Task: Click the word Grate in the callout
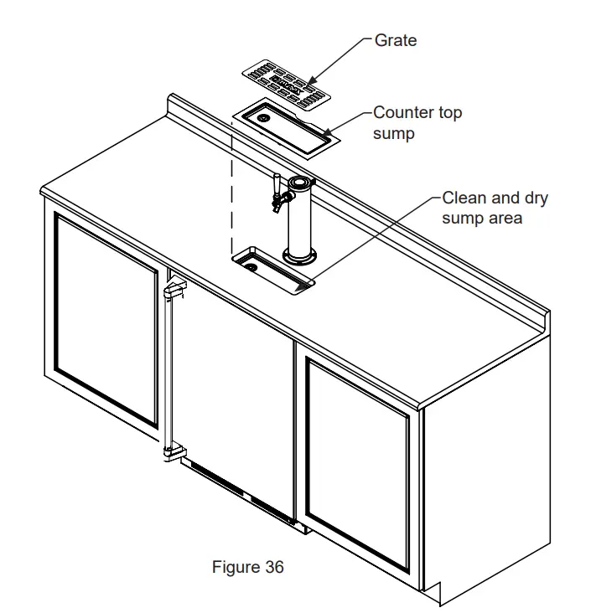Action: (395, 40)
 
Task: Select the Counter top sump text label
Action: (417, 122)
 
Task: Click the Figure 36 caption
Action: (247, 567)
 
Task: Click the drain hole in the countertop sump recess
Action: (249, 266)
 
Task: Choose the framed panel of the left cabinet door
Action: (105, 318)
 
